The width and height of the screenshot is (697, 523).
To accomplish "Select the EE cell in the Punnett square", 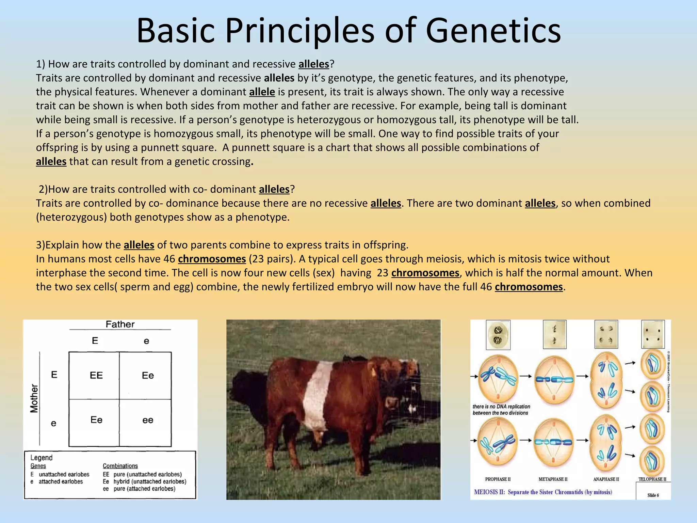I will click(x=96, y=375).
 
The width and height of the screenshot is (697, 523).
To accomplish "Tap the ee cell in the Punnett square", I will click(x=147, y=420).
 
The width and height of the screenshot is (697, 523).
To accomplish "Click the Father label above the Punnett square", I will click(x=120, y=324).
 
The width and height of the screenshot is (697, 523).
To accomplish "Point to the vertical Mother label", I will click(x=34, y=398).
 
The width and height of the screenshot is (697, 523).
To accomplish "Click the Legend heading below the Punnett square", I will click(x=42, y=458).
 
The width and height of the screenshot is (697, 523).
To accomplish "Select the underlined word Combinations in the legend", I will click(x=120, y=466).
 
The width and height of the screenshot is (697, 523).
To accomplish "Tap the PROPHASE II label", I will click(x=498, y=479).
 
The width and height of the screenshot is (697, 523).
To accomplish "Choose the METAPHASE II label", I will click(x=553, y=479).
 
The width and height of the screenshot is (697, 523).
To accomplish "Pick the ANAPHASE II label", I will click(x=606, y=479).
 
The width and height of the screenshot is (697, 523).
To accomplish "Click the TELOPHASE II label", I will click(x=652, y=479).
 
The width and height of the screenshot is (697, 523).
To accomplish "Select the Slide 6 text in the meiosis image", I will click(x=653, y=495).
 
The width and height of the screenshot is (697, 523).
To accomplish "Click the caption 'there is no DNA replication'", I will click(x=501, y=407).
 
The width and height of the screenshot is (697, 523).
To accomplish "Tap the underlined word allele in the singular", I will click(x=262, y=92).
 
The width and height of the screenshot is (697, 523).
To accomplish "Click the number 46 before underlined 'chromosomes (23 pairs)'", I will click(x=169, y=259).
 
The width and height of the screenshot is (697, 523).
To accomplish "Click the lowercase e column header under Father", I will click(x=146, y=341).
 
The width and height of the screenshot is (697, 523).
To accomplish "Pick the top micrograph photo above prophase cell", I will click(x=498, y=334).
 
